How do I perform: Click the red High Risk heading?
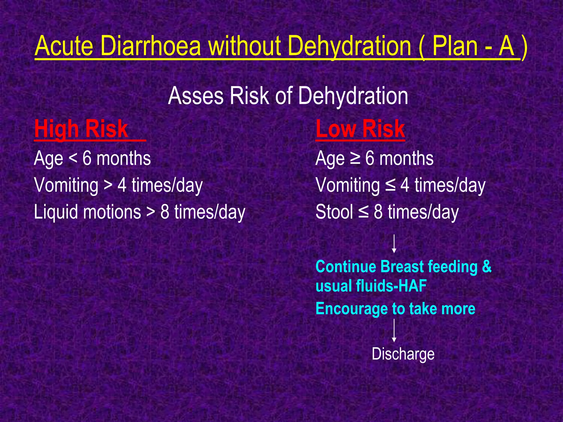click(x=81, y=129)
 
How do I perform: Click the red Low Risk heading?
click(x=360, y=129)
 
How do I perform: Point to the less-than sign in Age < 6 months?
click(x=73, y=159)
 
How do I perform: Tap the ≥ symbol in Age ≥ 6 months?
click(x=355, y=159)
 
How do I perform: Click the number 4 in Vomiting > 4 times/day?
click(x=122, y=185)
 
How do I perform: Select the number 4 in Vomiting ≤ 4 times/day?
click(x=405, y=185)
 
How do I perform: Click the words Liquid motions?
click(x=87, y=212)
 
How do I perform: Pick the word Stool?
click(x=334, y=212)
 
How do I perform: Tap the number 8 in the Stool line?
click(x=378, y=212)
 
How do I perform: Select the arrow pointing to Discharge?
click(x=394, y=331)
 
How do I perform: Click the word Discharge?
click(x=403, y=354)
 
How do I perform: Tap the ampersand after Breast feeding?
click(x=487, y=266)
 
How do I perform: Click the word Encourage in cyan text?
click(x=351, y=309)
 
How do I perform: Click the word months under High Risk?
click(x=124, y=159)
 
